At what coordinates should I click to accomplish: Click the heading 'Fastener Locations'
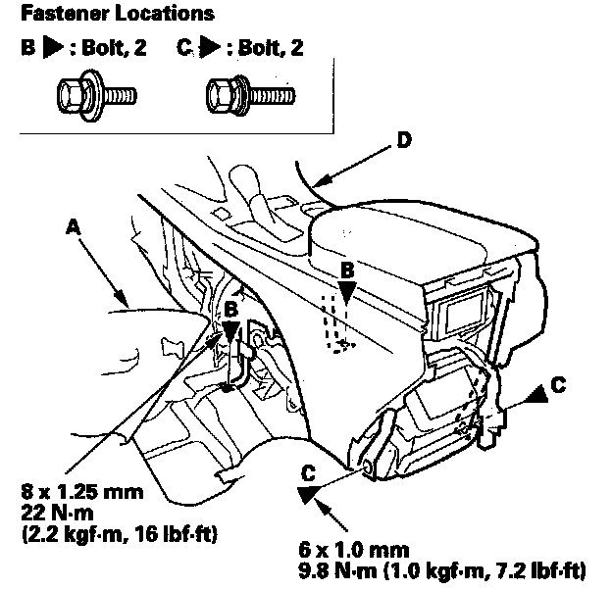118,14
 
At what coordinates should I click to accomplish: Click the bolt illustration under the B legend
97,95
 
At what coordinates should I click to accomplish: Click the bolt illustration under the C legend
250,95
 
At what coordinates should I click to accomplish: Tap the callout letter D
404,140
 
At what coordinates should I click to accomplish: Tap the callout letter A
73,227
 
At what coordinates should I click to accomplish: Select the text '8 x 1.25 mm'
82,492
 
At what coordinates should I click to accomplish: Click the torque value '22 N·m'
57,513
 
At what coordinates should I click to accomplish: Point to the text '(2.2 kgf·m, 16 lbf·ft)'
119,534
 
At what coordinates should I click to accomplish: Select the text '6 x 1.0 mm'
354,550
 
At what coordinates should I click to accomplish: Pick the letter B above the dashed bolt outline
347,270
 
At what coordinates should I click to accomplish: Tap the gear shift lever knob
245,178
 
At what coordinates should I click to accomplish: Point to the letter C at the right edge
558,384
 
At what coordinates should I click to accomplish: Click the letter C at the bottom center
308,473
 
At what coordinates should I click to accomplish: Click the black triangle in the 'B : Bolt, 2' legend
52,47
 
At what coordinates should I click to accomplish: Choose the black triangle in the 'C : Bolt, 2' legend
210,47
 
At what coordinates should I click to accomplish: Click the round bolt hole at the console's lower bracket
368,467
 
